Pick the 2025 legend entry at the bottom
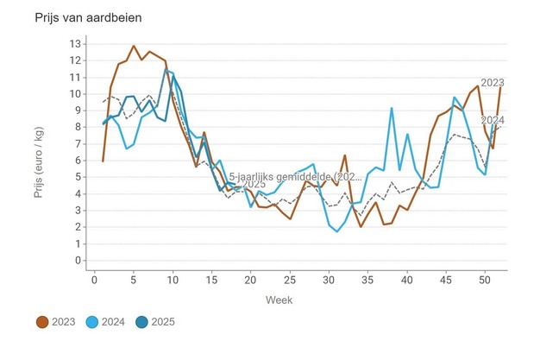158,322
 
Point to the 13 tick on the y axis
76,43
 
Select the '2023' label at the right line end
492,83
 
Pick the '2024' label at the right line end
492,119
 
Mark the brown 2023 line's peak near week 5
134,46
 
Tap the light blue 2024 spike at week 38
392,108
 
